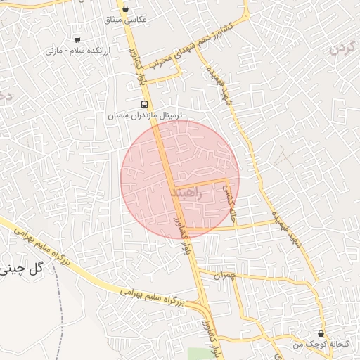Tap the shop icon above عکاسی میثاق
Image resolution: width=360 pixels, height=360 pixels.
tap(125, 8)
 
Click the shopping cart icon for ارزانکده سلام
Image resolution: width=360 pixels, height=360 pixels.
tap(77, 39)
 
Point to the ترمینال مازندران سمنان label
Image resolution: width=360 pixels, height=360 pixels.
tap(144, 114)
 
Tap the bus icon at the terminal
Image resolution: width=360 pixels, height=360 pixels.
tap(144, 103)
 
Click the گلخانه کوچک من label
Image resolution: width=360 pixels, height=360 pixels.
tap(321, 344)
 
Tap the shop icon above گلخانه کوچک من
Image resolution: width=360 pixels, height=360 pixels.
tap(321, 333)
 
